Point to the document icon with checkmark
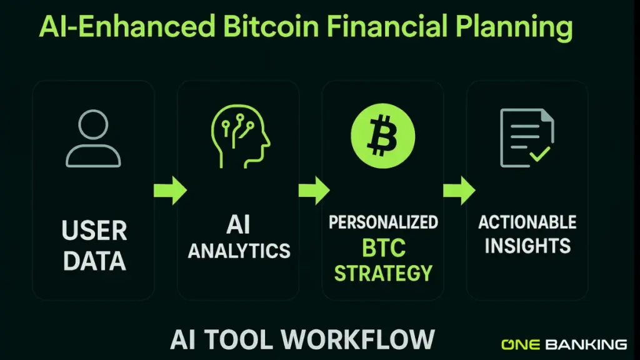pyautogui.click(x=526, y=138)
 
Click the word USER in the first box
pyautogui.click(x=94, y=230)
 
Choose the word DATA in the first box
pyautogui.click(x=94, y=261)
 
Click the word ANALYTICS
pyautogui.click(x=239, y=251)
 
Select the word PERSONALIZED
pyautogui.click(x=383, y=222)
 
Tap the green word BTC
pyautogui.click(x=383, y=248)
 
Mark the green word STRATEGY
pyautogui.click(x=383, y=272)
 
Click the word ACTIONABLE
pyautogui.click(x=527, y=222)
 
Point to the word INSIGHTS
pyautogui.click(x=527, y=246)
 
